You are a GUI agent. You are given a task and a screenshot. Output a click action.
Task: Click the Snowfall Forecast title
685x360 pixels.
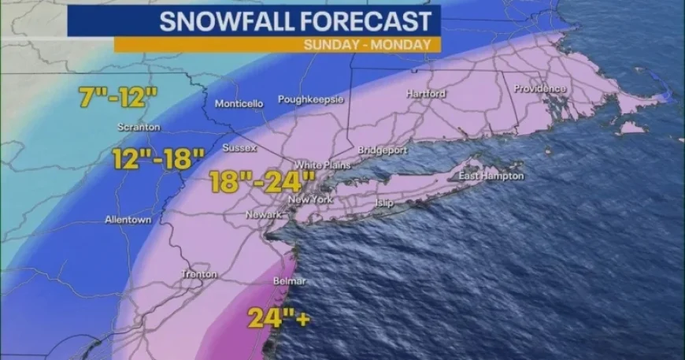tap(295, 20)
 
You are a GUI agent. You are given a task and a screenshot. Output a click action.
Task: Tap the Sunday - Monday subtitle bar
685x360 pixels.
tap(367, 45)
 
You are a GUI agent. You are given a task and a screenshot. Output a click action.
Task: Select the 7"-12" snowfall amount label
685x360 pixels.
tap(119, 98)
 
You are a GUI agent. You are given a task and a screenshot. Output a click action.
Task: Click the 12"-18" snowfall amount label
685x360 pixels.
tap(158, 159)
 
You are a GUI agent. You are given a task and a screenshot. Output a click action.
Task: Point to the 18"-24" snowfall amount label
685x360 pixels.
tap(262, 182)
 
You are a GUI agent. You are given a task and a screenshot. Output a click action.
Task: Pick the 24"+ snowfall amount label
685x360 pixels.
tap(276, 317)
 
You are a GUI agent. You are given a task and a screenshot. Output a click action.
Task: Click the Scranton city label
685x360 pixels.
tap(139, 127)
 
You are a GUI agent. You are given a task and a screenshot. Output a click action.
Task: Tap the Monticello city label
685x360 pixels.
tap(239, 104)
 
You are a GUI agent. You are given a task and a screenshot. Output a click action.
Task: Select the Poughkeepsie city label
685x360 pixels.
tap(311, 101)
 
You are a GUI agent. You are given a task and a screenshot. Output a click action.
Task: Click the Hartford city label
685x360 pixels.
tap(426, 94)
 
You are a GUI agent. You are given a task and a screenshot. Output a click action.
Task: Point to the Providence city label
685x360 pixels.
tap(541, 89)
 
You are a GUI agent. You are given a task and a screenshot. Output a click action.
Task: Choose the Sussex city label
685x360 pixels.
tap(235, 147)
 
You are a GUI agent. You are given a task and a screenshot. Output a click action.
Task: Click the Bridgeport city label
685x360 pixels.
tap(382, 149)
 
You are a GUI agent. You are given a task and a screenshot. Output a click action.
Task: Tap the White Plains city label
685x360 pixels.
tap(320, 165)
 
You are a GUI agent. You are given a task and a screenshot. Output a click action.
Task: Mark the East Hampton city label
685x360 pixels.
tap(491, 176)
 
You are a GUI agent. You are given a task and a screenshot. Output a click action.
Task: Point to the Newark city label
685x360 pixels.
tap(263, 214)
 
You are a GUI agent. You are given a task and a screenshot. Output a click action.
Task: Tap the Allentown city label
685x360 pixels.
tap(128, 220)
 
